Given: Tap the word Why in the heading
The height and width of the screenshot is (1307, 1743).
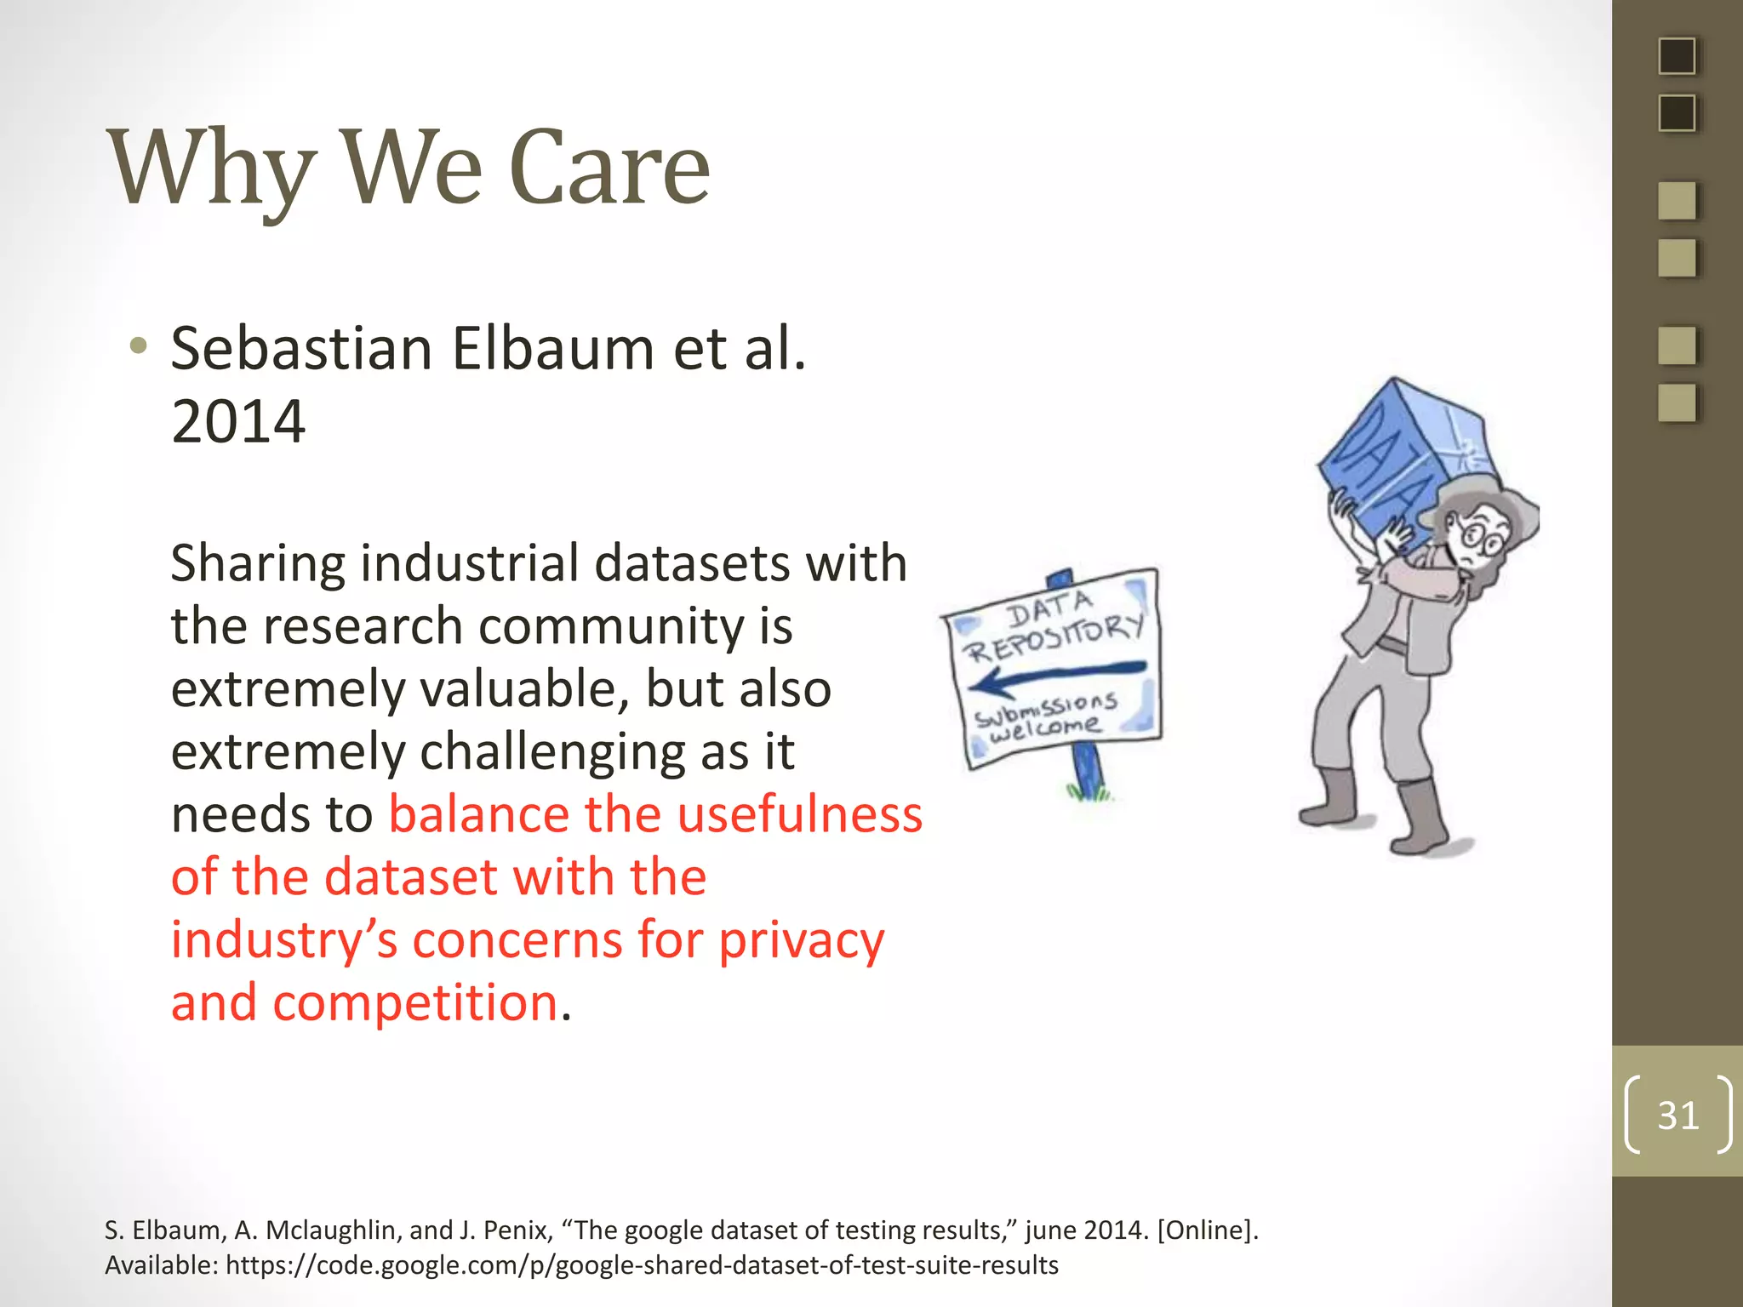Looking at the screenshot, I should [x=213, y=168].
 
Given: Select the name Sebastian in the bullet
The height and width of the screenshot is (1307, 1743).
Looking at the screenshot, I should [x=302, y=349].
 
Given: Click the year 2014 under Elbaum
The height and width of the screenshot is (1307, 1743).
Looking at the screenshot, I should [x=238, y=421].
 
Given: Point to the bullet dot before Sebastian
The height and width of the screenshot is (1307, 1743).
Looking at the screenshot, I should [x=138, y=347].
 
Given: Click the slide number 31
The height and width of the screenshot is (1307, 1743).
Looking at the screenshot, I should [x=1677, y=1116].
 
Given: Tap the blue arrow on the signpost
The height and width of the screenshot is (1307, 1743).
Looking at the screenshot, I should [x=1055, y=677].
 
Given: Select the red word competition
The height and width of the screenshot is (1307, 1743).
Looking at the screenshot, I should [x=415, y=1003].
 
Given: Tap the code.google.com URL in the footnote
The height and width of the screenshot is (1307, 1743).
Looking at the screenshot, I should [x=642, y=1265].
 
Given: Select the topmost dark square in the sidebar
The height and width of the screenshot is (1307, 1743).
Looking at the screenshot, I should [x=1677, y=57].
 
